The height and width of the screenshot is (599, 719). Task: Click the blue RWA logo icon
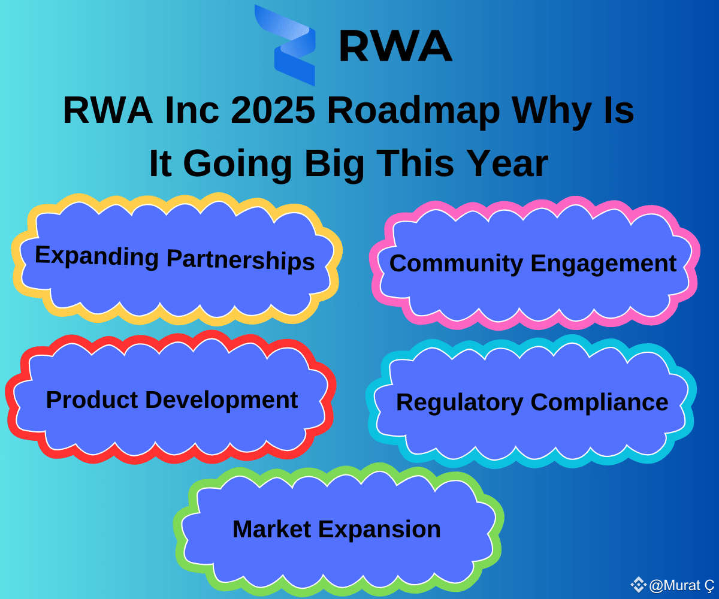point(285,45)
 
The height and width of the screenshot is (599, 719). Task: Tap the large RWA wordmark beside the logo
point(395,46)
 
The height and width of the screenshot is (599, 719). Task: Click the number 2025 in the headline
point(273,110)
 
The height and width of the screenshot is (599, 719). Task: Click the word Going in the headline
point(238,165)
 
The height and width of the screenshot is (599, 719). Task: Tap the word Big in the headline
point(335,165)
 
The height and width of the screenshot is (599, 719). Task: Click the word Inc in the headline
point(192,110)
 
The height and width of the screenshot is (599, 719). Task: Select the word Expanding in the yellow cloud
point(96,256)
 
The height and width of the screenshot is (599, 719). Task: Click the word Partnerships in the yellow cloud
point(241,260)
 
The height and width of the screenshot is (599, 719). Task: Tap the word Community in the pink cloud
point(456,264)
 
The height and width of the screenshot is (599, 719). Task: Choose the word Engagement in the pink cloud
point(603,264)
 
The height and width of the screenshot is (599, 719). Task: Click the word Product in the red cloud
point(92,400)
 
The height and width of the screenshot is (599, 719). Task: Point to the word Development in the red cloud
point(222,401)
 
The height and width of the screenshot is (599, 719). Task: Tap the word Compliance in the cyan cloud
point(599,403)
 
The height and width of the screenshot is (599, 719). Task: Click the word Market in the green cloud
point(271,529)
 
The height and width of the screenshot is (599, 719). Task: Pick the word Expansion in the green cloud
point(379,530)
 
